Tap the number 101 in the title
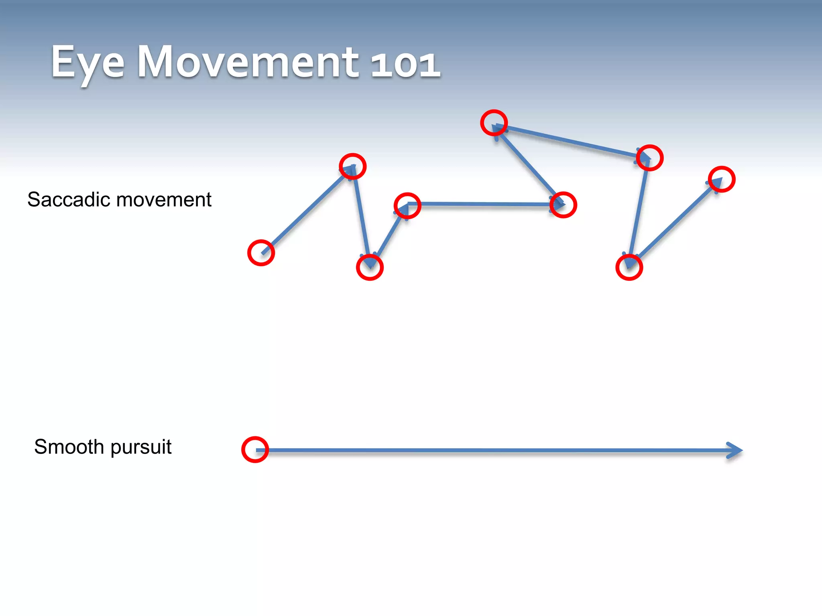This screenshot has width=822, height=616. pyautogui.click(x=405, y=64)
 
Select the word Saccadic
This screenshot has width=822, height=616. pyautogui.click(x=68, y=200)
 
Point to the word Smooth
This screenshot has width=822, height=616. pyautogui.click(x=69, y=447)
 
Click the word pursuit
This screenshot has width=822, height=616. pyautogui.click(x=141, y=448)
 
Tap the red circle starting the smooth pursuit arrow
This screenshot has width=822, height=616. pyautogui.click(x=255, y=450)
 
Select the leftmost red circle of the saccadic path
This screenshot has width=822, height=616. pyautogui.click(x=261, y=253)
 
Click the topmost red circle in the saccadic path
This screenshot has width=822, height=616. pyautogui.click(x=494, y=123)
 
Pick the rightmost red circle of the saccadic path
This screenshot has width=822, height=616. pyautogui.click(x=721, y=179)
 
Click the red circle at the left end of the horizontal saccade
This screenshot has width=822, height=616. pyautogui.click(x=407, y=206)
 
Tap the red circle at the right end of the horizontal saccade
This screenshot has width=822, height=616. pyautogui.click(x=563, y=205)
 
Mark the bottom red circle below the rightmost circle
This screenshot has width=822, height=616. pyautogui.click(x=629, y=267)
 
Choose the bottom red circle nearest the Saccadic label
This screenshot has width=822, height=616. pyautogui.click(x=370, y=267)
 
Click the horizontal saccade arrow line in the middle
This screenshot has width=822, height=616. pyautogui.click(x=482, y=205)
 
